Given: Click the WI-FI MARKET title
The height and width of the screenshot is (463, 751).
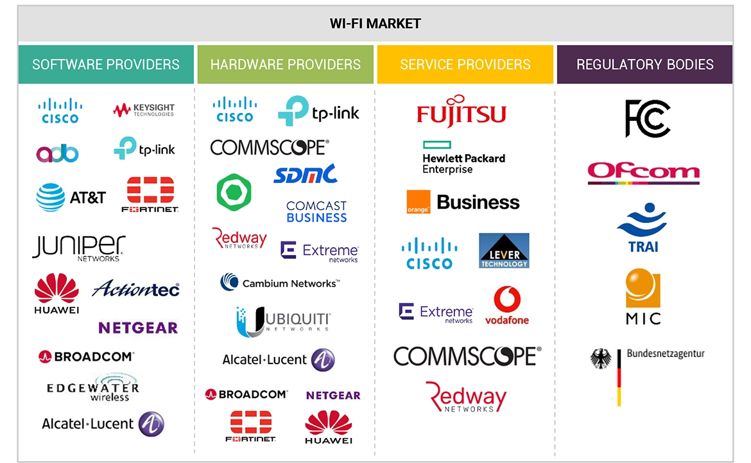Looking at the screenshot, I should point(375,24).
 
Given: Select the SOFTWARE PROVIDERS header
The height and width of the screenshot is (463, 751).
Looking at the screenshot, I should point(106,64).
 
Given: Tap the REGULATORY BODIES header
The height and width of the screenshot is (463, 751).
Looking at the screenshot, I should point(644,64).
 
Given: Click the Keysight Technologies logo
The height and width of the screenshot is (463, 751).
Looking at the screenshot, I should point(143,110).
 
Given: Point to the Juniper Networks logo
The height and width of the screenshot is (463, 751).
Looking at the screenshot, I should point(78,248).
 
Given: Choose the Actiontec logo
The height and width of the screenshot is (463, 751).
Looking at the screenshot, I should point(135,289).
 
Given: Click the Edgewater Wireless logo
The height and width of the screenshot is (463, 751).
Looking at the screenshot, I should point(92,389).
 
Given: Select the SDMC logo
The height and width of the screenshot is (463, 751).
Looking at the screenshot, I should point(305,173).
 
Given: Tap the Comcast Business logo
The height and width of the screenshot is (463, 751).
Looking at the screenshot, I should point(316,211).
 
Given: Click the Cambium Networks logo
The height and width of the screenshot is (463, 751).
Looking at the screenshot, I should point(280,283).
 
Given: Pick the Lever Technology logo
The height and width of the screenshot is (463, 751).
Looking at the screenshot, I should point(504,250).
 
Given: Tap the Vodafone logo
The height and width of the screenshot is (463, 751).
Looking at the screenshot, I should point(507,306).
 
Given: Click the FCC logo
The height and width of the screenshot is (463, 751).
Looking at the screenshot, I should point(647,119).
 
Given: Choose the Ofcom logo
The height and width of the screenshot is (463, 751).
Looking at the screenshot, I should point(643,172).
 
